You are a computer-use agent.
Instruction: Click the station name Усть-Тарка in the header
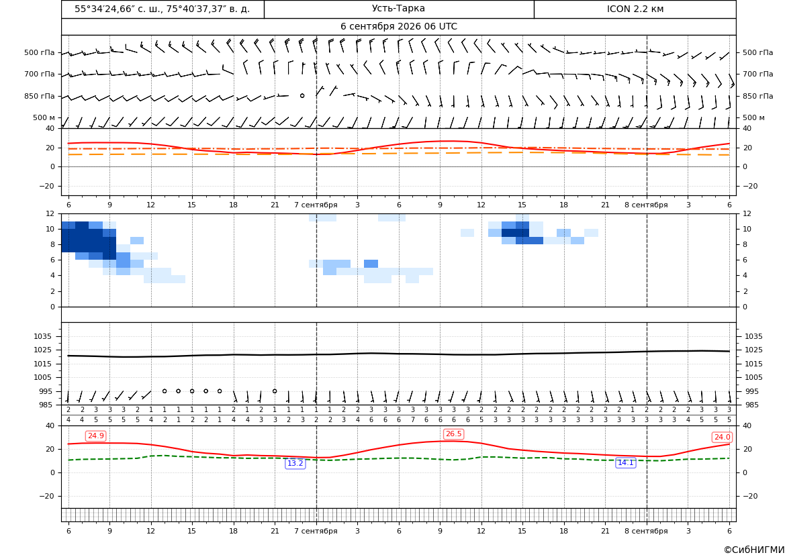pyautogui.click(x=398, y=9)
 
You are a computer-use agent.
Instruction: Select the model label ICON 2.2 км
pyautogui.click(x=635, y=9)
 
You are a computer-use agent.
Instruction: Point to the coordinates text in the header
pyautogui.click(x=163, y=9)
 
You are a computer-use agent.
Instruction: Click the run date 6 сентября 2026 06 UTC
pyautogui.click(x=398, y=27)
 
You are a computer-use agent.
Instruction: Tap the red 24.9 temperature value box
pyautogui.click(x=95, y=436)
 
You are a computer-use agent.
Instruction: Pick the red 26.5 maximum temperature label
pyautogui.click(x=453, y=434)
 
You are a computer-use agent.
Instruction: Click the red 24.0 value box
pyautogui.click(x=722, y=438)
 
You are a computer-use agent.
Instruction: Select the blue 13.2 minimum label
pyautogui.click(x=295, y=464)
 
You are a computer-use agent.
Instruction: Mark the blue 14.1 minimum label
pyautogui.click(x=626, y=463)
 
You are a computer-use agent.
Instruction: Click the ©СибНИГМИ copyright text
pyautogui.click(x=754, y=550)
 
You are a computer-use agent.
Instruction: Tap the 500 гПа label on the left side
pyautogui.click(x=40, y=52)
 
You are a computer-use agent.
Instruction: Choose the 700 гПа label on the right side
pyautogui.click(x=758, y=74)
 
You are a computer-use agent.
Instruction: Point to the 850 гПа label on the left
pyautogui.click(x=40, y=96)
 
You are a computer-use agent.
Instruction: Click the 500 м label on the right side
pyautogui.click(x=753, y=117)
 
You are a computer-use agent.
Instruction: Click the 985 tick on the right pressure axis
pyautogui.click(x=751, y=405)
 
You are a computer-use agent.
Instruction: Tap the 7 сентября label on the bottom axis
pyautogui.click(x=316, y=531)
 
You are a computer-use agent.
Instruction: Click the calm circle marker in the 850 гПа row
pyautogui.click(x=302, y=95)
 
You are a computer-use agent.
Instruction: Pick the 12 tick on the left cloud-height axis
pyautogui.click(x=50, y=213)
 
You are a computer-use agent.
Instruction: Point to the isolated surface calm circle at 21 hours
pyautogui.click(x=275, y=391)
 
